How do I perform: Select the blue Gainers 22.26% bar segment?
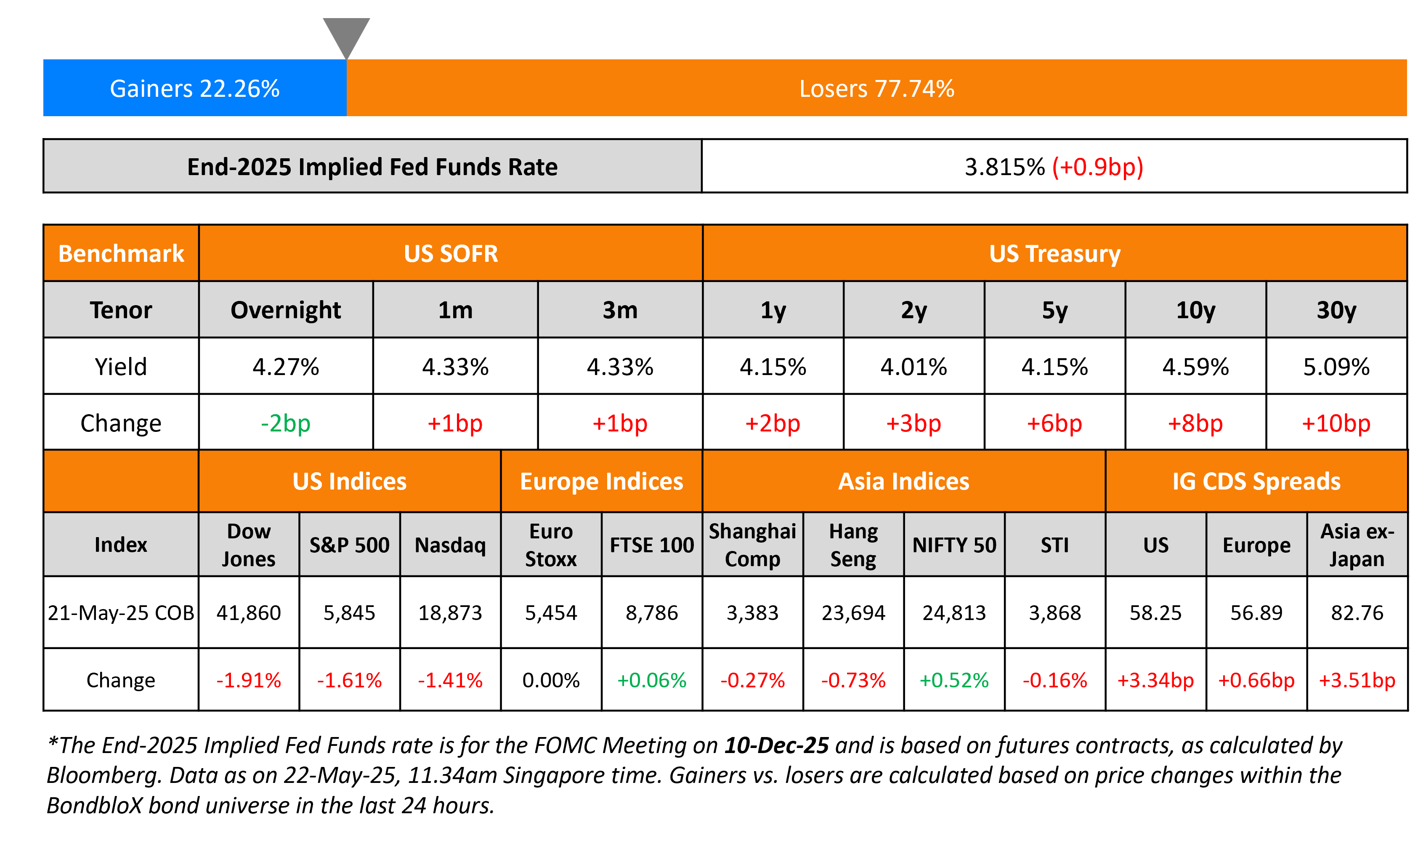(194, 88)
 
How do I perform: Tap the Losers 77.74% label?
(876, 89)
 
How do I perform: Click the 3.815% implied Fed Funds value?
(1004, 167)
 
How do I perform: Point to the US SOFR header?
(451, 254)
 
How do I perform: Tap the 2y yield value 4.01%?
(913, 367)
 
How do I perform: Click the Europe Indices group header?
(601, 481)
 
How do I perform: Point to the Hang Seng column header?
(853, 544)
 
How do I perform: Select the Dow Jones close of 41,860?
(249, 613)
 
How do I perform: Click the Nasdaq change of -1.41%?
(450, 680)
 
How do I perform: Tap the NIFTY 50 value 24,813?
(954, 613)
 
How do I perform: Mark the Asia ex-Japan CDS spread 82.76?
(1357, 613)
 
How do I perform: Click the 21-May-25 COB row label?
(121, 613)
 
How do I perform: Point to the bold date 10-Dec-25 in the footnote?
(776, 745)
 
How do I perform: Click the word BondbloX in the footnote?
(94, 806)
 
